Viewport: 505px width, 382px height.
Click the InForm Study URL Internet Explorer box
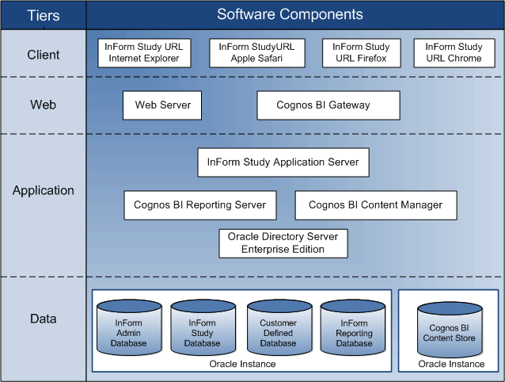[x=143, y=52]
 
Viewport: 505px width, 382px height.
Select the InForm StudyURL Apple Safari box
[x=256, y=52]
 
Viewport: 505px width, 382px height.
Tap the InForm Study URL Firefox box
[x=361, y=52]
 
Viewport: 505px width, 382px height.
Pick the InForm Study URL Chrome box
[x=454, y=52]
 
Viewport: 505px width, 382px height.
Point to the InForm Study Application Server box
[x=283, y=162]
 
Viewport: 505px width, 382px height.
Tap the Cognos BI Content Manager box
[x=375, y=205]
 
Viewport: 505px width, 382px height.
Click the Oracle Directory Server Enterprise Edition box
[x=283, y=243]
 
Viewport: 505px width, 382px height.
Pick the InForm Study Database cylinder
[x=202, y=329]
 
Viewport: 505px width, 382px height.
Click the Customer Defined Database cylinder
[x=278, y=329]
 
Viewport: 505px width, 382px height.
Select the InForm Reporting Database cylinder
[x=354, y=329]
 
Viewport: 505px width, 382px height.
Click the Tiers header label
[x=43, y=15]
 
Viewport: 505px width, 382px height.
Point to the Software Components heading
[x=290, y=14]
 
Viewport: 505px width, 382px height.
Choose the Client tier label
[x=43, y=55]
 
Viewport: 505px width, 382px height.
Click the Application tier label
[x=43, y=190]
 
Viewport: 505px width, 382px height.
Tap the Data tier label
[x=43, y=319]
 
